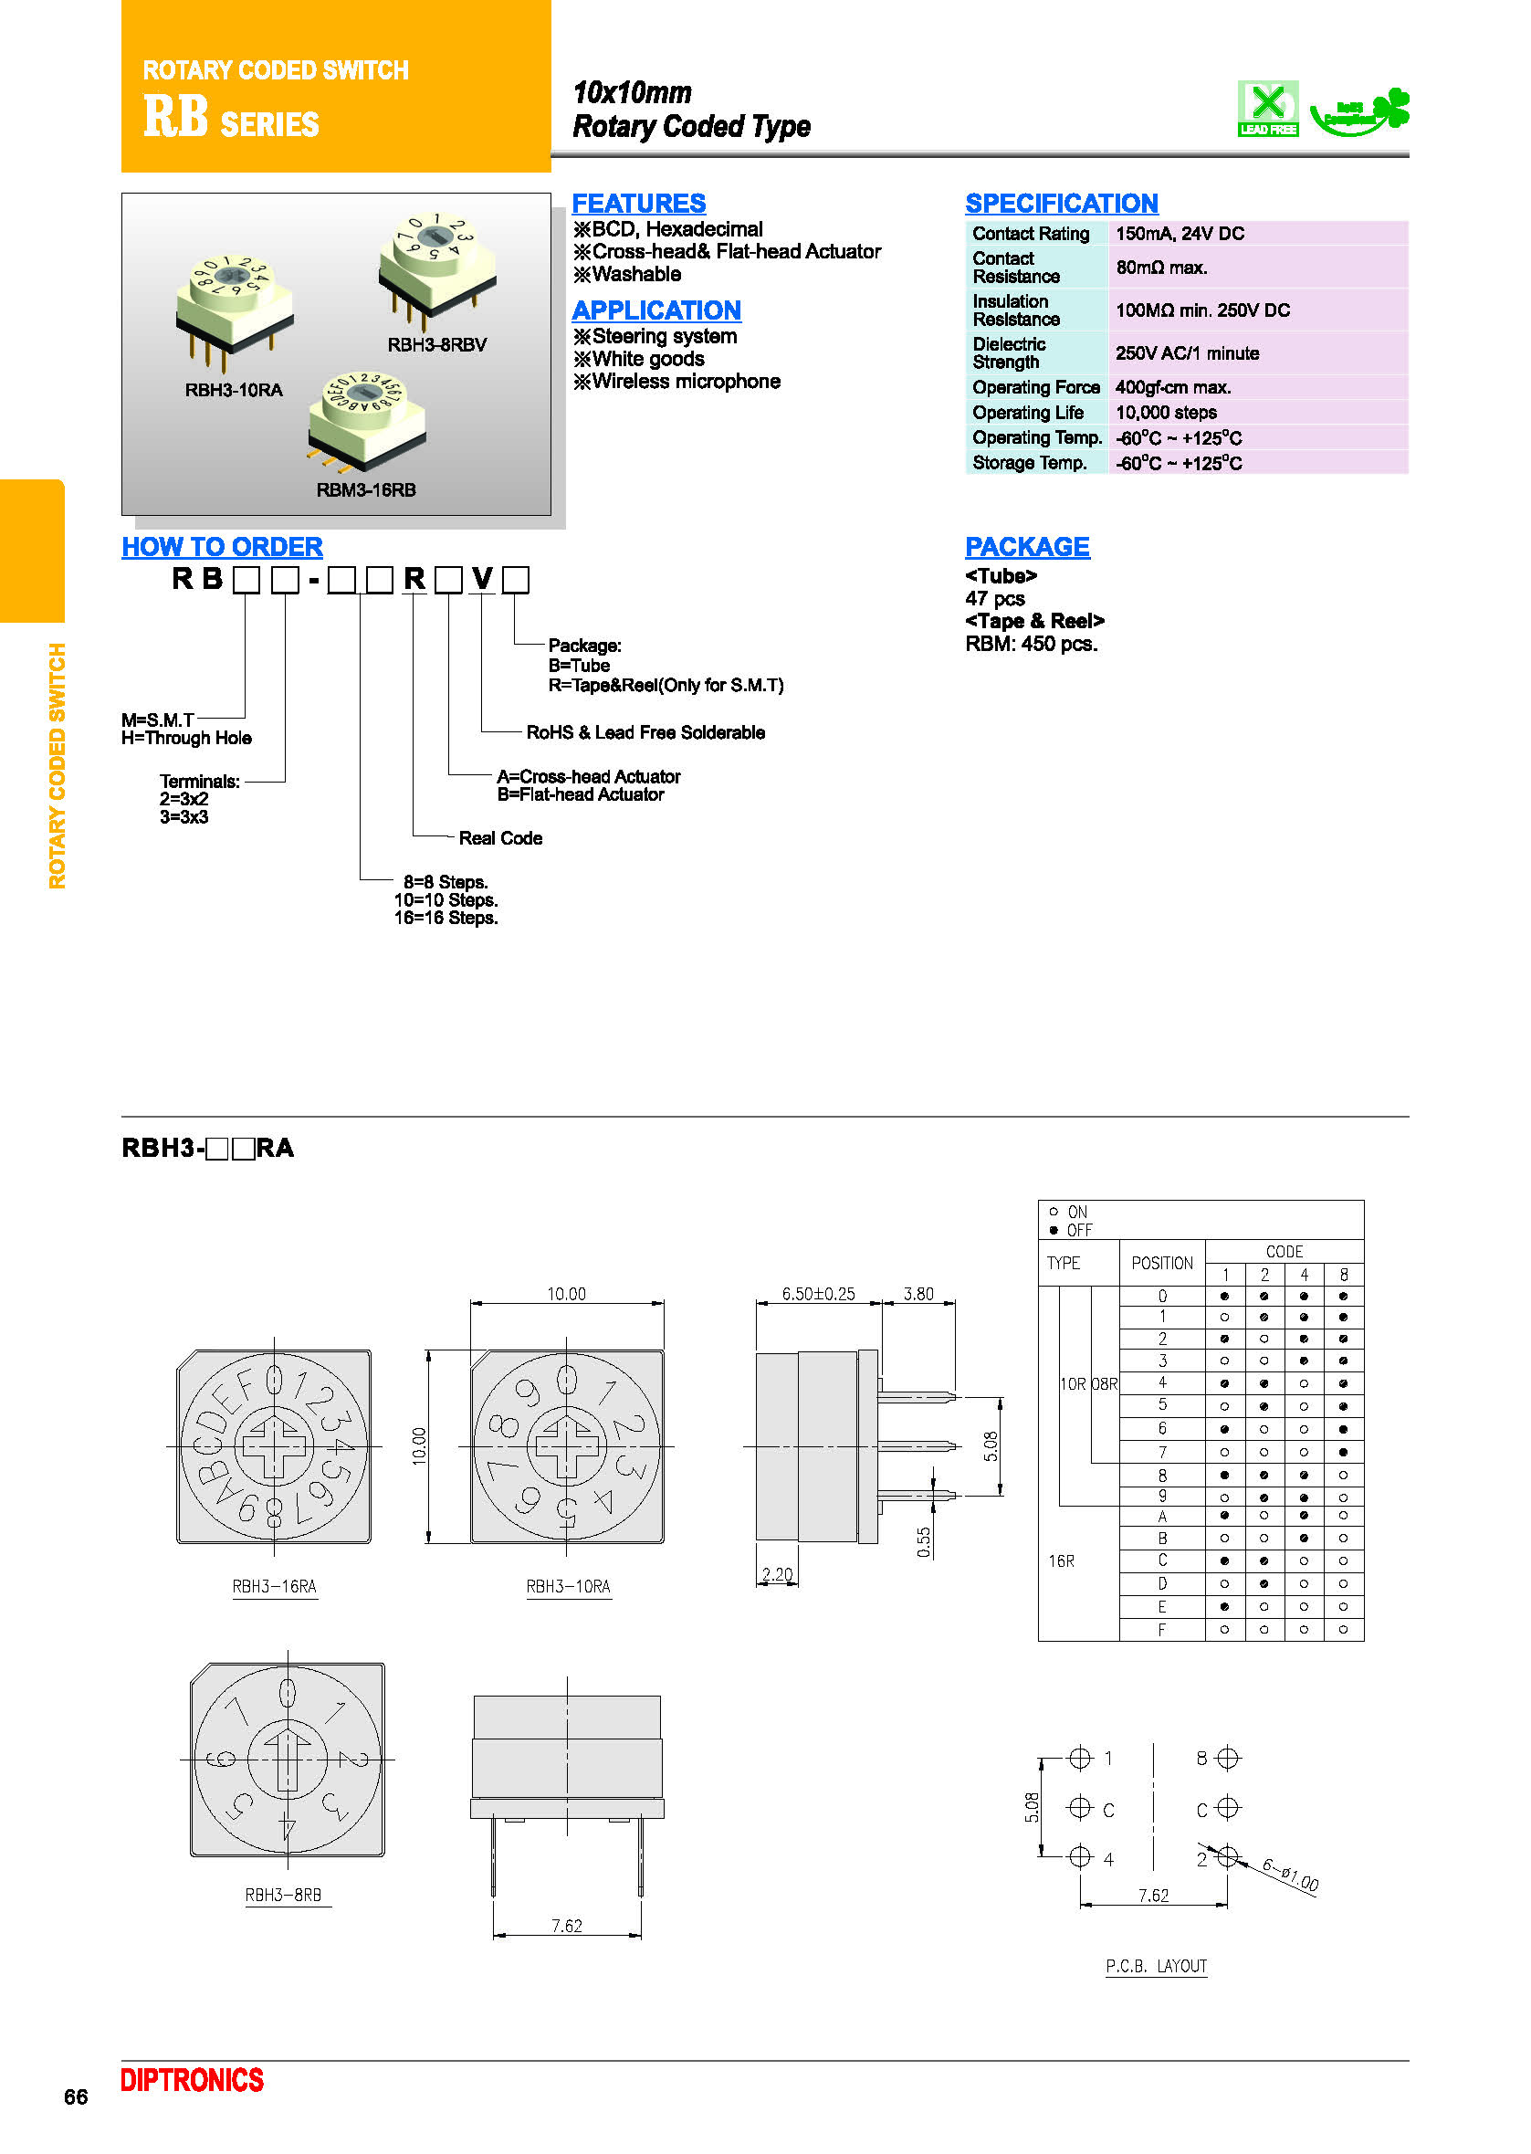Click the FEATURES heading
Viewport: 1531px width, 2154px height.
tap(638, 204)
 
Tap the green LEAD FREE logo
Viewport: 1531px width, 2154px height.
tap(1267, 109)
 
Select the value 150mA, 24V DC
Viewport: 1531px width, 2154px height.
tap(1180, 234)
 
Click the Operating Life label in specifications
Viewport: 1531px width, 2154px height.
tap(1028, 413)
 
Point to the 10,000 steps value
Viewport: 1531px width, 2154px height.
tap(1166, 413)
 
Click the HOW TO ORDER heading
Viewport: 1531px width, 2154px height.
tap(223, 547)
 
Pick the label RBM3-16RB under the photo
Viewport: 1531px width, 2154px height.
tap(366, 490)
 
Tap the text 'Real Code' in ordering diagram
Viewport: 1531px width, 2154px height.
tap(499, 838)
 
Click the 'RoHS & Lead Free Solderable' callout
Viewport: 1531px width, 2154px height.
tap(645, 732)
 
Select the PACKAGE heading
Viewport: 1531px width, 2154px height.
tap(1027, 547)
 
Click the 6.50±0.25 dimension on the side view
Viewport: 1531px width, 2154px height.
tap(818, 1294)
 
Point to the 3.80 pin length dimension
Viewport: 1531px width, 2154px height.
tap(918, 1294)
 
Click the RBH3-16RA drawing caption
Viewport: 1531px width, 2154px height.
tap(274, 1587)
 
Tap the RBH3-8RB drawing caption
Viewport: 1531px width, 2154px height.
tap(283, 1895)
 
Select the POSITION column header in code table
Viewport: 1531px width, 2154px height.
tap(1161, 1263)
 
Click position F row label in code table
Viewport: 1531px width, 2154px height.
tap(1161, 1629)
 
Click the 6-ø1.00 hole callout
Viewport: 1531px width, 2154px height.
tap(1290, 1875)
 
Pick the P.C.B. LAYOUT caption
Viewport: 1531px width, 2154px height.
tap(1156, 1967)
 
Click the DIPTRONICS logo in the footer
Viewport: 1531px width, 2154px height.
tap(193, 2080)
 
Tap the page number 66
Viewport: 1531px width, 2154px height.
tap(76, 2096)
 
